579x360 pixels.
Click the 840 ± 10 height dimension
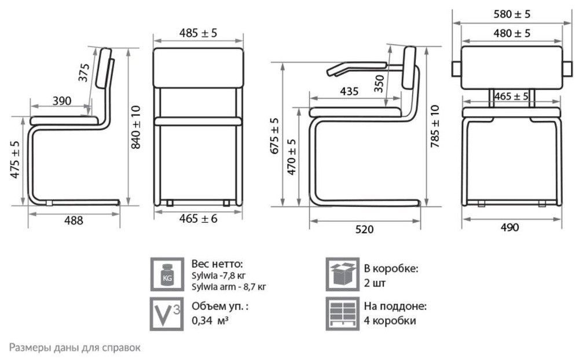pos(136,127)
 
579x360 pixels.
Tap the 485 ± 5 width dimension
pos(198,33)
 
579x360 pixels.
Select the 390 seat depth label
pos(62,101)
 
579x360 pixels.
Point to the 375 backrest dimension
pos(84,73)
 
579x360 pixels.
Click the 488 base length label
pos(74,221)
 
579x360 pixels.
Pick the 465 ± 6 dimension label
pos(198,219)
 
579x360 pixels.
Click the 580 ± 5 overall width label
pos(512,14)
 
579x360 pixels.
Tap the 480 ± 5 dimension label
pos(512,33)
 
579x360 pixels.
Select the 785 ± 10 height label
pos(435,126)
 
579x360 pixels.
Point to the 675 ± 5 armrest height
pos(275,135)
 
